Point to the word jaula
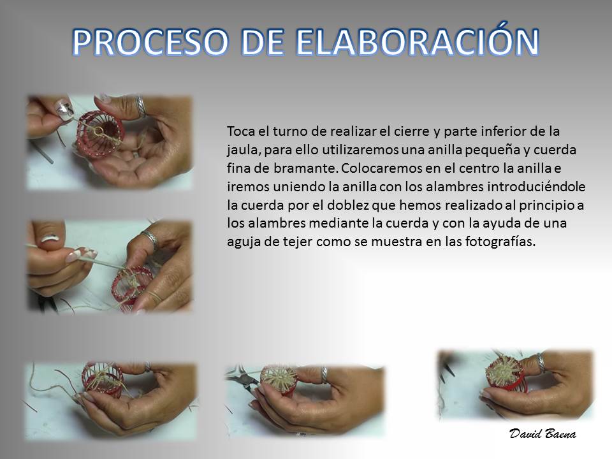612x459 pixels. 241,150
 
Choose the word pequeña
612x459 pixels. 497,150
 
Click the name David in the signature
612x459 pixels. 523,433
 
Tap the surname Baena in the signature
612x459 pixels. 558,433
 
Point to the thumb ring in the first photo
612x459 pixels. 140,106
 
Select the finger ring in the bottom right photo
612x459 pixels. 541,363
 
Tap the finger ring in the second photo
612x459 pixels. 150,239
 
